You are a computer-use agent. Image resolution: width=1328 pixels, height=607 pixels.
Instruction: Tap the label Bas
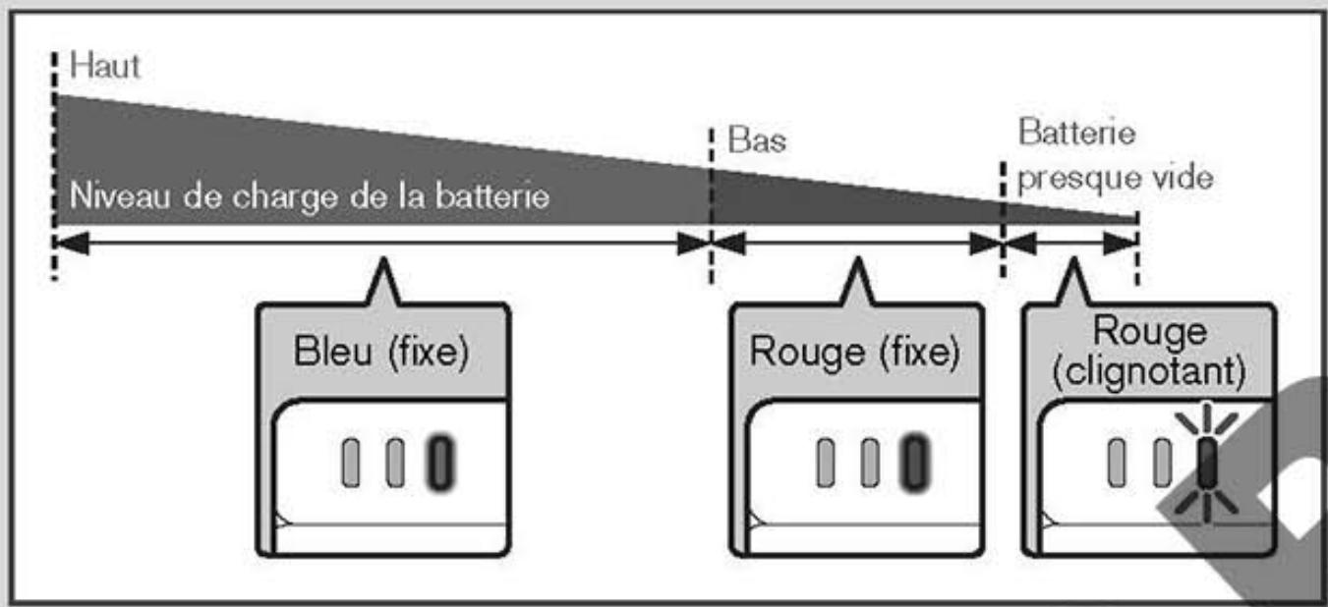click(x=757, y=140)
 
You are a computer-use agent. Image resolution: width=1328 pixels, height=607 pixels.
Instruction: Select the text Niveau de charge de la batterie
click(x=309, y=196)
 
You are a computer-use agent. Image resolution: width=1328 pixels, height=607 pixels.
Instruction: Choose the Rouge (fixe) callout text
click(x=854, y=353)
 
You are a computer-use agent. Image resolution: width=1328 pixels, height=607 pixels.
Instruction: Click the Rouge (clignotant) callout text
click(x=1149, y=353)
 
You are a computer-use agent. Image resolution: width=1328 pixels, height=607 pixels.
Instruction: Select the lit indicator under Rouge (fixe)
click(x=915, y=462)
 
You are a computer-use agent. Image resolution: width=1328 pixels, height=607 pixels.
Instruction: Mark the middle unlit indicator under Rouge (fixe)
click(x=870, y=462)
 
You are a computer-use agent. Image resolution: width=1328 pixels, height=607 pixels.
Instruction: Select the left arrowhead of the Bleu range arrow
click(x=72, y=243)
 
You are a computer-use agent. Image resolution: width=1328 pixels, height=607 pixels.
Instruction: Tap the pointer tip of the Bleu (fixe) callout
click(x=381, y=263)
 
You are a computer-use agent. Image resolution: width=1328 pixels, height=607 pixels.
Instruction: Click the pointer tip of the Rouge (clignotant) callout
click(x=1074, y=263)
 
